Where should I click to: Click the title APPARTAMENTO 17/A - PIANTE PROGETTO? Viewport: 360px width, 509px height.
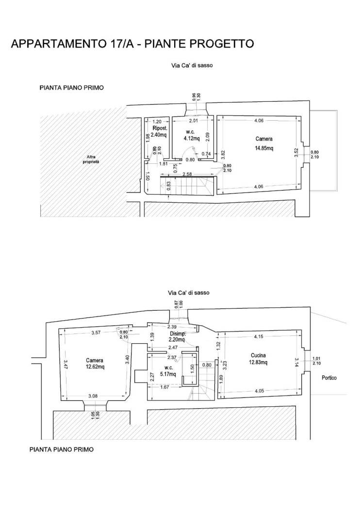(x=132, y=44)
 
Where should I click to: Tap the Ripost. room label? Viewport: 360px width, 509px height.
(x=160, y=128)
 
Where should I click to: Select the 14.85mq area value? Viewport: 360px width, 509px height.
(x=264, y=148)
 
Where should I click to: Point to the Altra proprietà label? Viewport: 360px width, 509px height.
(x=91, y=159)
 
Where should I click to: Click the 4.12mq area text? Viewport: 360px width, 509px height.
(x=191, y=139)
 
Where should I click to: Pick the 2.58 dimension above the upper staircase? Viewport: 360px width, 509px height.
(x=187, y=174)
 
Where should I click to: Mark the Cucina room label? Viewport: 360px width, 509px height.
(x=258, y=355)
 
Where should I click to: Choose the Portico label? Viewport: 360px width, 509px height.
(x=329, y=378)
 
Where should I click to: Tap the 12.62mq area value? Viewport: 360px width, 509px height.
(x=95, y=367)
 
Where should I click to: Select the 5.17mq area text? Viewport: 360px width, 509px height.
(x=168, y=374)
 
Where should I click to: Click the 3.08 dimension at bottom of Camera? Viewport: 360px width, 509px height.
(x=93, y=396)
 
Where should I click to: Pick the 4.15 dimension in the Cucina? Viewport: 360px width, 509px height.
(x=259, y=336)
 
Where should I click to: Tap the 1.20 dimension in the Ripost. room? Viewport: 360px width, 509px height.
(x=157, y=122)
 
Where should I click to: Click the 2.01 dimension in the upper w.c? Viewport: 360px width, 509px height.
(x=193, y=121)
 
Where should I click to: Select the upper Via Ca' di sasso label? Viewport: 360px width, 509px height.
(x=192, y=65)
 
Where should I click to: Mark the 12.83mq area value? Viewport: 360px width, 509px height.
(x=258, y=362)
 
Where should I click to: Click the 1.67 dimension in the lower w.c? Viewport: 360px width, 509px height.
(x=165, y=387)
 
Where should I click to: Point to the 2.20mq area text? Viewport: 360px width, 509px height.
(x=177, y=340)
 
